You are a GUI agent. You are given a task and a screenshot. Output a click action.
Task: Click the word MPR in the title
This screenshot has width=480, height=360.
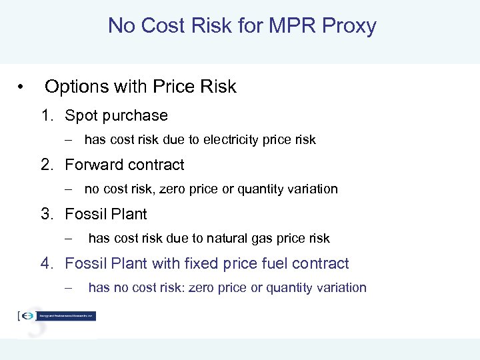[292, 26]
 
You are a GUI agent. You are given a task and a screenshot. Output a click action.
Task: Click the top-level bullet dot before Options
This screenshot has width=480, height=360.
[22, 87]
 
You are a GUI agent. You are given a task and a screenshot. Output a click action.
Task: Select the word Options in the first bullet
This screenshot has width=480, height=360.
[77, 87]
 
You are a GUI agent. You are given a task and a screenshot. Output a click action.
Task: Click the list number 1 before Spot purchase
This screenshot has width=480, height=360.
[45, 116]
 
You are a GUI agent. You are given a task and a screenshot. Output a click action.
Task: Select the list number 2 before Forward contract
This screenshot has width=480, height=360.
[45, 165]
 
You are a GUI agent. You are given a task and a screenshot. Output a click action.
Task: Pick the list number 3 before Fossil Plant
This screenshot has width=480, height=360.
[45, 214]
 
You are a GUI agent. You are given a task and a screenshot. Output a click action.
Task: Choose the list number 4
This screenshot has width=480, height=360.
[45, 263]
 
